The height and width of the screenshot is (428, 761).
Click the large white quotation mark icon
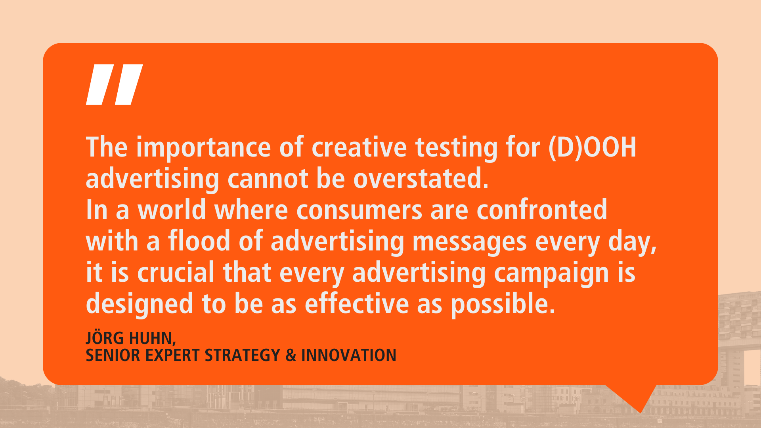(x=115, y=84)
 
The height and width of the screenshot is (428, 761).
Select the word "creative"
(x=359, y=147)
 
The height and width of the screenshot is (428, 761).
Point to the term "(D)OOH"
(x=592, y=148)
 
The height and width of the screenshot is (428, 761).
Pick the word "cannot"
(x=268, y=179)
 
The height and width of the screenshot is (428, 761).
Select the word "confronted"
(x=542, y=210)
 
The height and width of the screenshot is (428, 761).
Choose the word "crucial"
(x=176, y=272)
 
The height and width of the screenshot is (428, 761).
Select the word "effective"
(x=357, y=304)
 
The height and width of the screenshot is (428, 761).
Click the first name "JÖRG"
(x=105, y=338)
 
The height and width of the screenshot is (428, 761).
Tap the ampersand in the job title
(x=291, y=355)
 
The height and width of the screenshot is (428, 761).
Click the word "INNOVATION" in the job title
(x=349, y=355)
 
